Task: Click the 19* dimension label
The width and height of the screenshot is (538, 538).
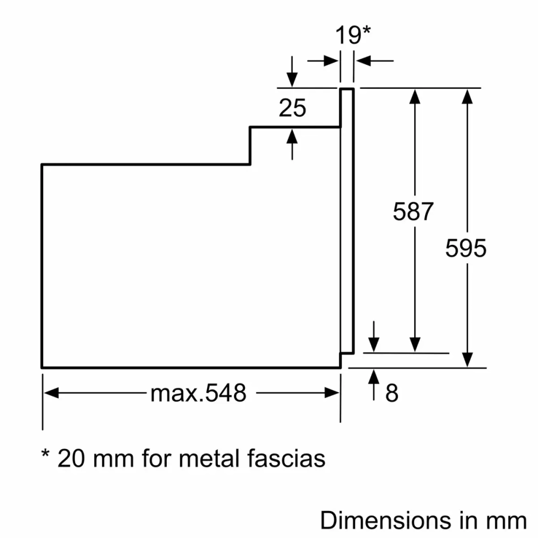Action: (353, 36)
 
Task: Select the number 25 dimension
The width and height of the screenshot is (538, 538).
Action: (292, 108)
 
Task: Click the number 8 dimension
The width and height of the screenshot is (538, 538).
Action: (392, 394)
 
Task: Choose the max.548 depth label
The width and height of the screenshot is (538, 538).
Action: (198, 394)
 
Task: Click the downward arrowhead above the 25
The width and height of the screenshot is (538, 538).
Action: (292, 80)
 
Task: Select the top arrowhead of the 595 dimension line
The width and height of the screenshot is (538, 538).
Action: (468, 95)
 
